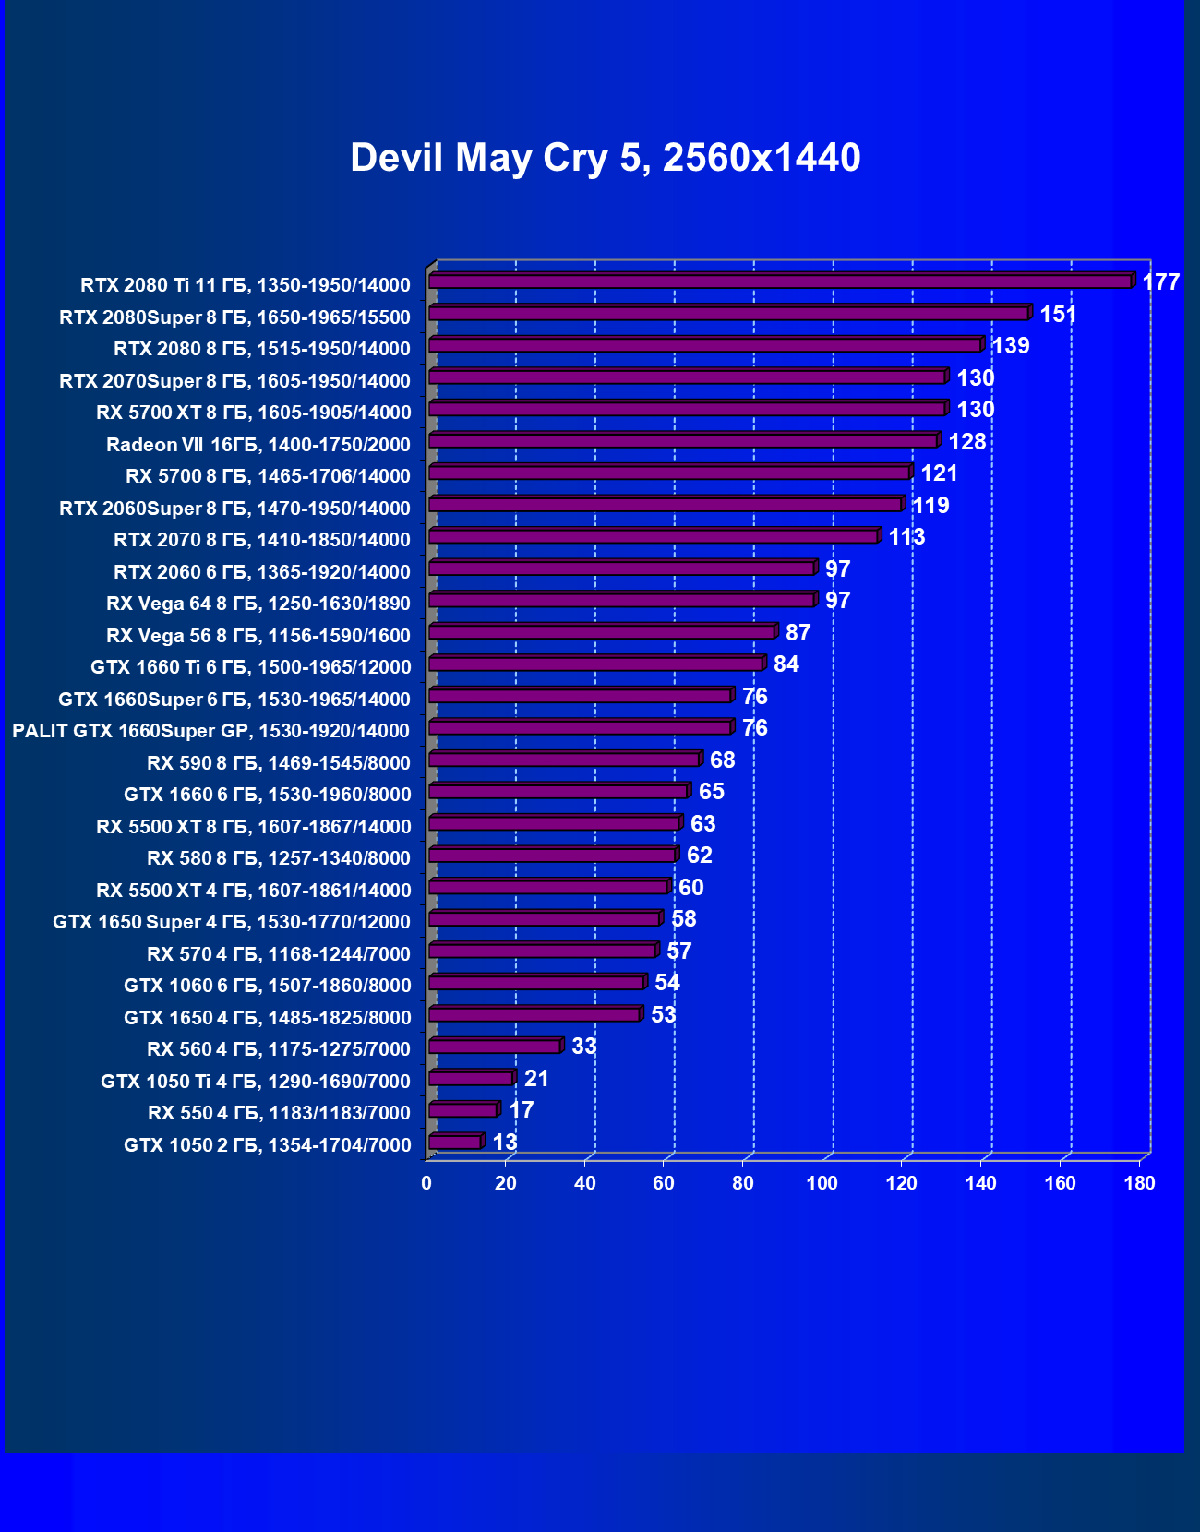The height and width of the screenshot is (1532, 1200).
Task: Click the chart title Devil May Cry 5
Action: pos(605,158)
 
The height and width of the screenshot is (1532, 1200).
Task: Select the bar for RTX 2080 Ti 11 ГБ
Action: pos(780,281)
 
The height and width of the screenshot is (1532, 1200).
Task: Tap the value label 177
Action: pos(1160,282)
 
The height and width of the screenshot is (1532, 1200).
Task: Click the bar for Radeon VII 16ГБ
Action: pos(683,440)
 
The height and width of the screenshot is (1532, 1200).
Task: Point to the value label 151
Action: pos(1058,315)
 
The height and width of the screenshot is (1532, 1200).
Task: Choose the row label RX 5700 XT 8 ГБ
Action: pos(253,413)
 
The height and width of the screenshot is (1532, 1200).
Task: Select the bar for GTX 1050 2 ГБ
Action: pos(455,1143)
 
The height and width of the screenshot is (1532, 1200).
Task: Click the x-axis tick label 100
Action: pos(822,1183)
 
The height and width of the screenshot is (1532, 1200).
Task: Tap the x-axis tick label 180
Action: pos(1139,1183)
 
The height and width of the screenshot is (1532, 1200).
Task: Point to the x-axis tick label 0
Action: pos(426,1183)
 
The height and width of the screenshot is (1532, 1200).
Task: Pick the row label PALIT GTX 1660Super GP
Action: pos(210,731)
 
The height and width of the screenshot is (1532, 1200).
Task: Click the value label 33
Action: pos(583,1047)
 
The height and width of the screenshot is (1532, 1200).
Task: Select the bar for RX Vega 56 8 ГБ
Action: pos(602,631)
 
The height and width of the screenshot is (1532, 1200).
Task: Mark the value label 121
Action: pos(939,473)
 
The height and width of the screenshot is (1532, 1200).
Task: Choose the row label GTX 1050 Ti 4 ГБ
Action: pos(256,1082)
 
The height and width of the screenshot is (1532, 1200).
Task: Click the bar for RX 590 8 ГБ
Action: pos(564,759)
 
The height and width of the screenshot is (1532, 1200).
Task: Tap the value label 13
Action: pos(504,1143)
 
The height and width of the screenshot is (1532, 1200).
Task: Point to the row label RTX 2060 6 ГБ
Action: pos(262,572)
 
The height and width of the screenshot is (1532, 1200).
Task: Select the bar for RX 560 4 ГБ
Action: pos(495,1047)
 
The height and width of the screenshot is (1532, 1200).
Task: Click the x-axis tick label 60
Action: pos(664,1183)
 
